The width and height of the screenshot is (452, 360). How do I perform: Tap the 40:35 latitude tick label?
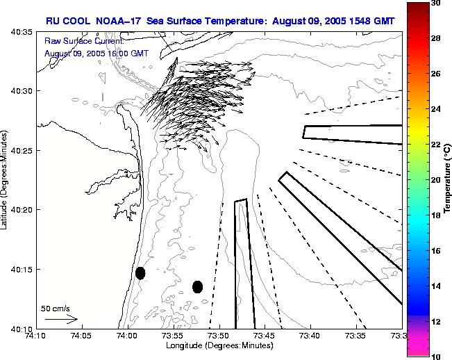(x=22, y=32)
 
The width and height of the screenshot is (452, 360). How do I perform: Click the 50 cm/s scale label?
(x=55, y=308)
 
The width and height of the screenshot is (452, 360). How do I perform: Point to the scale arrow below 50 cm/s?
(x=61, y=319)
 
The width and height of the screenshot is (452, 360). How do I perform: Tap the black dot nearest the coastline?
(x=140, y=272)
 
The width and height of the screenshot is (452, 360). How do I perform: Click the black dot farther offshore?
(x=197, y=286)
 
